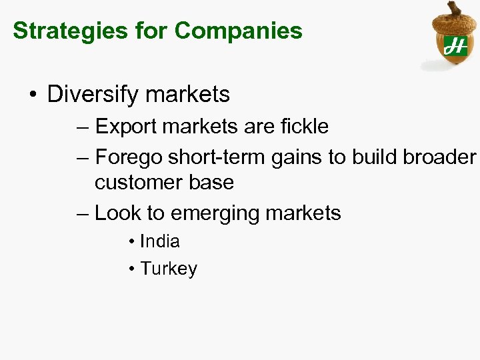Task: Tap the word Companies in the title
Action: click(239, 31)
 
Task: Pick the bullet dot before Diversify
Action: click(33, 95)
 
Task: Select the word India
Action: click(160, 241)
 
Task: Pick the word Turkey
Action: click(169, 269)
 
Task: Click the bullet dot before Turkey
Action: click(133, 269)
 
